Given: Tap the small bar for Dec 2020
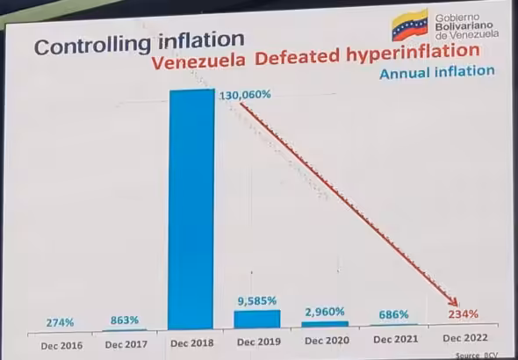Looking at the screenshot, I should pyautogui.click(x=324, y=324).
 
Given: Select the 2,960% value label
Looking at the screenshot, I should pyautogui.click(x=325, y=312).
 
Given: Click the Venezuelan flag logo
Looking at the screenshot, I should pyautogui.click(x=409, y=26).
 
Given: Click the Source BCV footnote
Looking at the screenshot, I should pyautogui.click(x=475, y=355).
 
